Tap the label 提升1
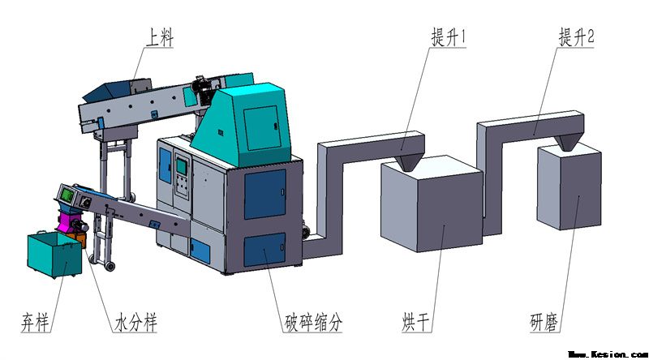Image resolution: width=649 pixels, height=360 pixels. point(449,37)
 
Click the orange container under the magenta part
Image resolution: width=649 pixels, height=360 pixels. point(78,237)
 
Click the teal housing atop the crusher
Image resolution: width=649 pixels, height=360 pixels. point(252,122)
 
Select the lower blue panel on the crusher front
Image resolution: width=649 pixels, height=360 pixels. point(264,251)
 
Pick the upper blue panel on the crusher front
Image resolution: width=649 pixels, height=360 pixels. point(264,195)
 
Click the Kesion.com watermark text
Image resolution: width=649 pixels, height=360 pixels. point(608,354)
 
